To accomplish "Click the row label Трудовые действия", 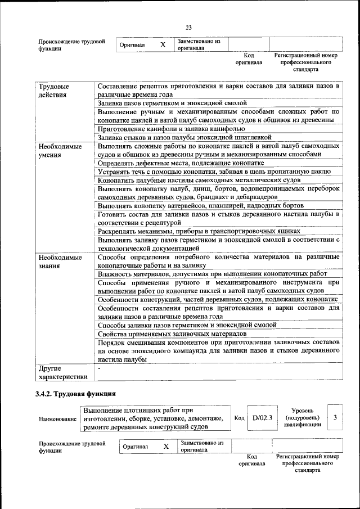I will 54,91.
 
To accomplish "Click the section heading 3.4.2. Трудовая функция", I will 75,394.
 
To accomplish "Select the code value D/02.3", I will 262,418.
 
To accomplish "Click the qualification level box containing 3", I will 335,417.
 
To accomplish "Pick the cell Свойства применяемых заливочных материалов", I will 172,334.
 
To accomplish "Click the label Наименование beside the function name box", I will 57,420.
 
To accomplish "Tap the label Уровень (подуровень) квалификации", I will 303,418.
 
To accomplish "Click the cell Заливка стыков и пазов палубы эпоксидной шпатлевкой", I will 184,137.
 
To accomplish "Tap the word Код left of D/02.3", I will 239,418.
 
